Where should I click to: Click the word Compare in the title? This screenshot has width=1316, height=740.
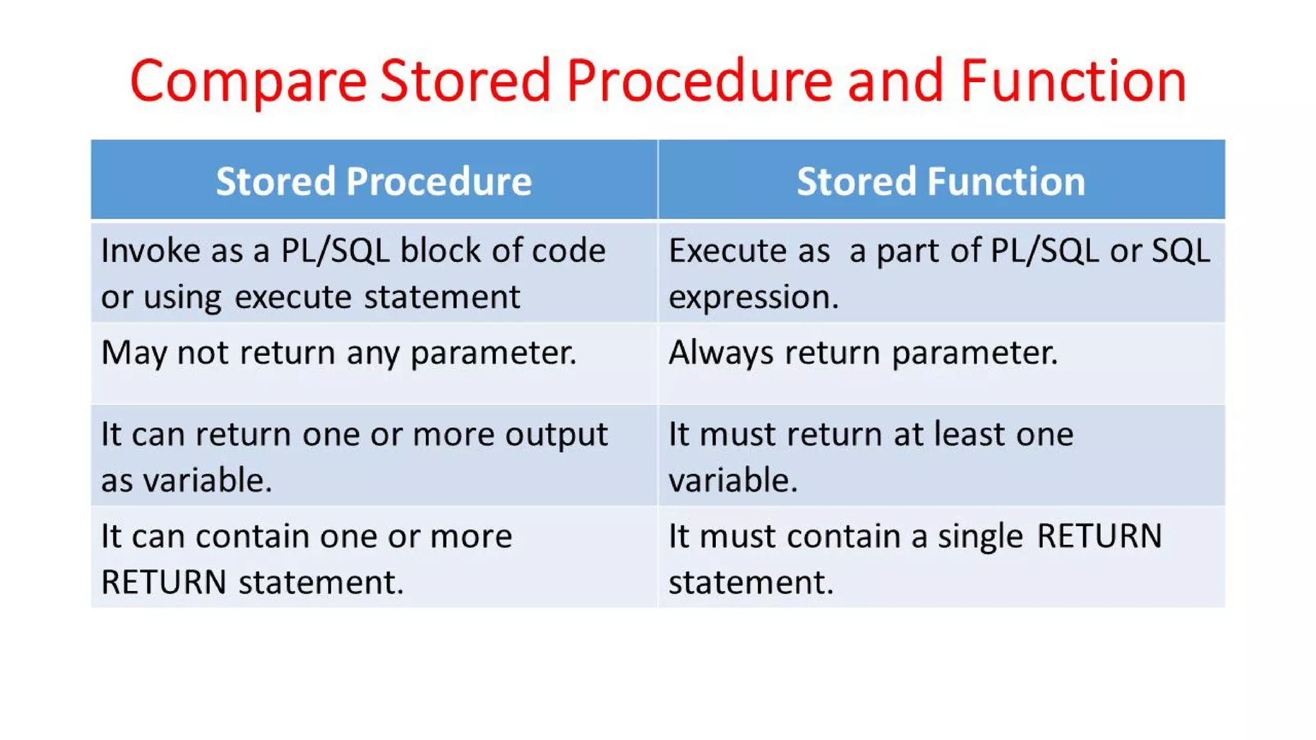[248, 82]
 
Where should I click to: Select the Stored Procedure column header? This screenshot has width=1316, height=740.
[374, 181]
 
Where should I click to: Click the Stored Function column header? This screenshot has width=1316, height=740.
[941, 181]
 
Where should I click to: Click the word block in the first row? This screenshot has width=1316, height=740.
[441, 251]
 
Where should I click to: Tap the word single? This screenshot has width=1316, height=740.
[979, 537]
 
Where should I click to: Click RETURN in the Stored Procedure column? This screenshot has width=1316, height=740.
[164, 583]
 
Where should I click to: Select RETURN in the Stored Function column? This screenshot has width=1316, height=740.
[1099, 536]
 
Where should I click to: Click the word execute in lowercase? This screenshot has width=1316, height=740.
[292, 297]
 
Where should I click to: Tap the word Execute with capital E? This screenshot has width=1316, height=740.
[727, 251]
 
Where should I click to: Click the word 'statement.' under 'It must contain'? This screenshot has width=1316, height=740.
[751, 583]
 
